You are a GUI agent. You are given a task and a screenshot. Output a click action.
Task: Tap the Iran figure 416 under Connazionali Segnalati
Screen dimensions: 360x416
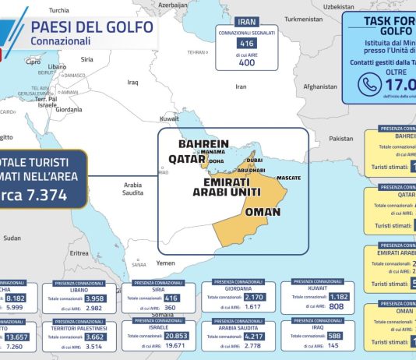tap(245, 44)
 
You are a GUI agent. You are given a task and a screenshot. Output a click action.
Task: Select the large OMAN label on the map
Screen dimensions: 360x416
tap(263, 210)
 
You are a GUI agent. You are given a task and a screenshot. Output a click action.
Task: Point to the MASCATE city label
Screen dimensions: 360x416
tap(288, 178)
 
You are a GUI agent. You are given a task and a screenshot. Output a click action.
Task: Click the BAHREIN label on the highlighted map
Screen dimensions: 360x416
tap(203, 144)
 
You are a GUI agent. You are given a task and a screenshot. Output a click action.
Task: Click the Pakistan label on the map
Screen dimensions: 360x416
tap(341, 138)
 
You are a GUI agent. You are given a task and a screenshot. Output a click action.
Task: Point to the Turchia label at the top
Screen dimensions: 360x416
tap(58, 10)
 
